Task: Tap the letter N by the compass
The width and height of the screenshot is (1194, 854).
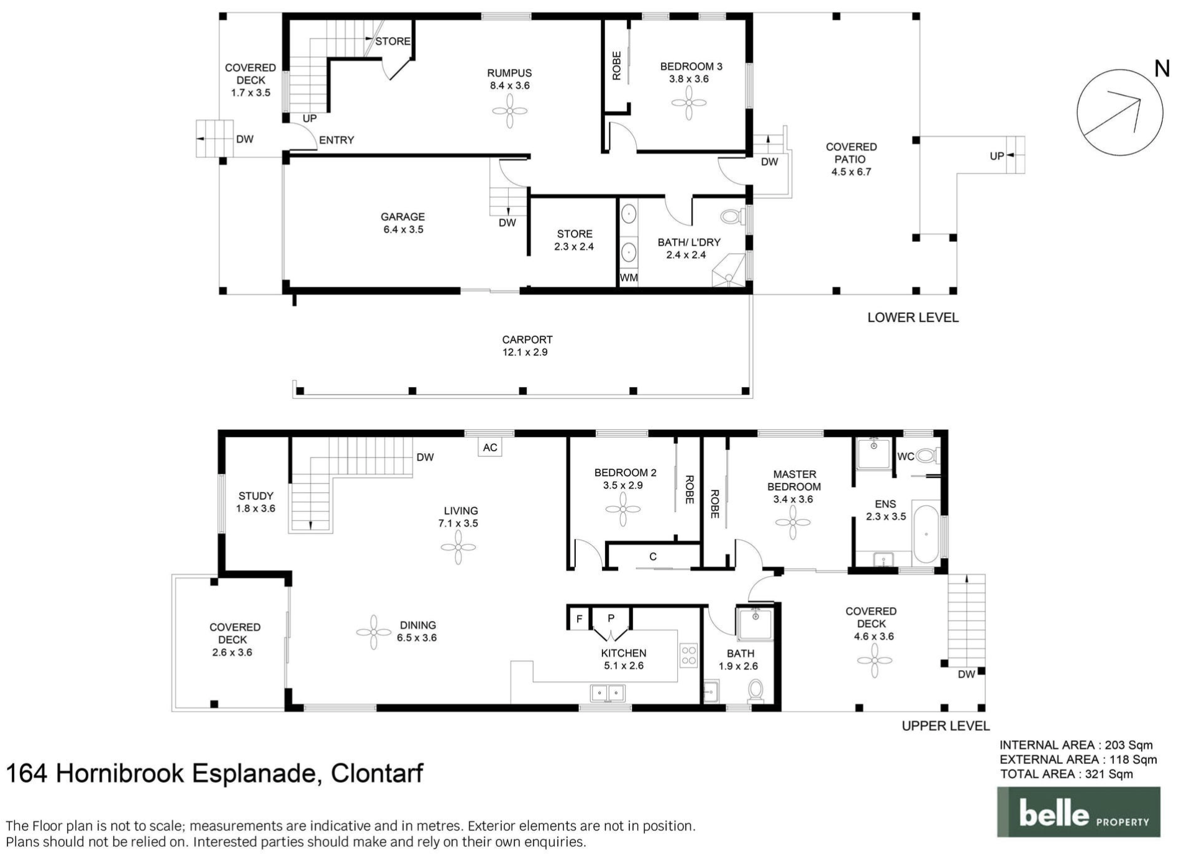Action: tap(1162, 69)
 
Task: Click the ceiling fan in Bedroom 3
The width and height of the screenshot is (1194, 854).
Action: tap(688, 103)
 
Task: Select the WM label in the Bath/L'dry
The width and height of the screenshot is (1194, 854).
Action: tap(628, 278)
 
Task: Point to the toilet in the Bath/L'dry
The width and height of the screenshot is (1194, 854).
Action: tap(732, 217)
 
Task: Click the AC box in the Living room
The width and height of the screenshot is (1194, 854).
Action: tap(490, 448)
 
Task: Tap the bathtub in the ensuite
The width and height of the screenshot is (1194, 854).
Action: tap(925, 534)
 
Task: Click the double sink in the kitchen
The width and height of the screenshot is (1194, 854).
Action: tap(607, 692)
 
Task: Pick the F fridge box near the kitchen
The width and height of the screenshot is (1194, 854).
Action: tap(579, 619)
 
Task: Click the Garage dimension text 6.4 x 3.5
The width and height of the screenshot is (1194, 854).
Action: tap(403, 229)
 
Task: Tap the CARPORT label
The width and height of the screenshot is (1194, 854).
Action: tap(527, 339)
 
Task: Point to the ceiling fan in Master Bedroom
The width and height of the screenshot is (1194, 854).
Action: tap(793, 522)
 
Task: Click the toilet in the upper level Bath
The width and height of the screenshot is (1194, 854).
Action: tap(755, 690)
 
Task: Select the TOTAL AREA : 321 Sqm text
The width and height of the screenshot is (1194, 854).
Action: tap(1066, 774)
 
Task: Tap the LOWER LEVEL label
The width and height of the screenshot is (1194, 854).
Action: tap(913, 318)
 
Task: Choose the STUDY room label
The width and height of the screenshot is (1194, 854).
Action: tap(255, 496)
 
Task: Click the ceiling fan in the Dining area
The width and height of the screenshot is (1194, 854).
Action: tap(373, 632)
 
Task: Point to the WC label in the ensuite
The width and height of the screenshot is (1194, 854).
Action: tap(905, 457)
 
